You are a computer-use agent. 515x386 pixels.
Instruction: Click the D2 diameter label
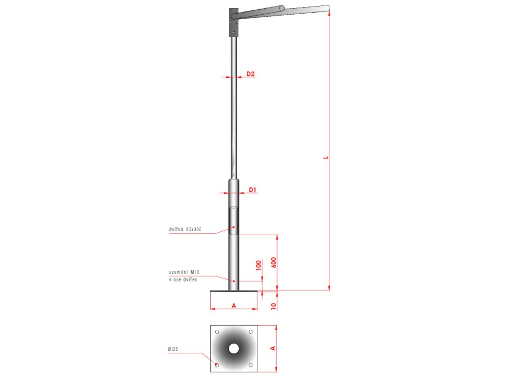tap(250, 74)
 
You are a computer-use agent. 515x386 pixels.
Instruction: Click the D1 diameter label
tap(253, 189)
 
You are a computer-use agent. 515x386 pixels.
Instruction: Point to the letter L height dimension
tap(326, 158)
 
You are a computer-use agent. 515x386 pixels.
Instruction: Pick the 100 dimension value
tap(259, 265)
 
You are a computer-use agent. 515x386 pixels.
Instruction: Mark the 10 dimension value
tap(274, 305)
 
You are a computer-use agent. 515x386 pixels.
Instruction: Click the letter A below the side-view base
tap(233, 305)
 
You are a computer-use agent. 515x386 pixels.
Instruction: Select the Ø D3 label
tap(174, 349)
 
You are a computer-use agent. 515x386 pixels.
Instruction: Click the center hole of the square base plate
tap(234, 348)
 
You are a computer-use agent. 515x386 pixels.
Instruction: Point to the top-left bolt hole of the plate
tap(217, 332)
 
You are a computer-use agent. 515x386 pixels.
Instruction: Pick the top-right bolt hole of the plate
tap(250, 332)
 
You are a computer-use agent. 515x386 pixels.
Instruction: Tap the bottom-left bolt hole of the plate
tap(217, 365)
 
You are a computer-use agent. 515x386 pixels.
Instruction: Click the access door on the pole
tap(234, 221)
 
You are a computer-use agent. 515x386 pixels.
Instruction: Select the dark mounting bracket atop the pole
tap(234, 22)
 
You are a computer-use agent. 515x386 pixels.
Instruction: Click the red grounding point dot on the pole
tap(234, 280)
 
